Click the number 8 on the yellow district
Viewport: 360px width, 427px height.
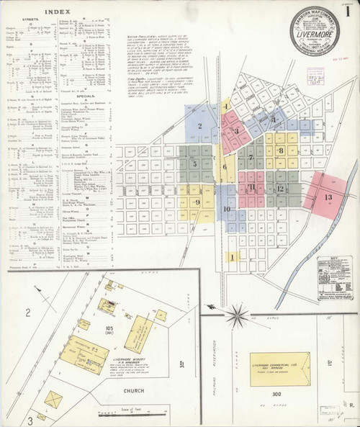281,150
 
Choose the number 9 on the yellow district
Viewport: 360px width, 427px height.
197,202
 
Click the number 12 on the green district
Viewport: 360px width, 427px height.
280,189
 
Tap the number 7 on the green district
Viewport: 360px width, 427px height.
250,157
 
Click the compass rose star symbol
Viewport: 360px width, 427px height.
237,314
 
